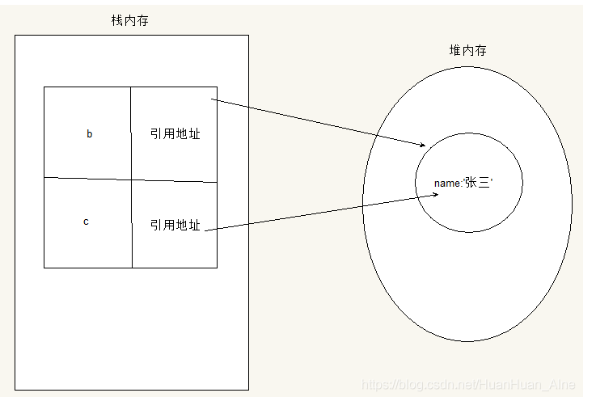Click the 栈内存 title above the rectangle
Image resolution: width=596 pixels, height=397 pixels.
click(x=129, y=20)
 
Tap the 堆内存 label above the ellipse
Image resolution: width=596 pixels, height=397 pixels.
click(x=467, y=50)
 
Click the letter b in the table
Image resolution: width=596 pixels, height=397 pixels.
click(x=89, y=134)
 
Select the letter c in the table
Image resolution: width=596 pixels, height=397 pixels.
click(x=86, y=222)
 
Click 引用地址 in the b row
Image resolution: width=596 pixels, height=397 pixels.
click(x=175, y=134)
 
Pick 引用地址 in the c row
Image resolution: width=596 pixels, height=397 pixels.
click(x=175, y=226)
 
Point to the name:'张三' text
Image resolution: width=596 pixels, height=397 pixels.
click(x=463, y=183)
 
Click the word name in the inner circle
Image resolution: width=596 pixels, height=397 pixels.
click(x=446, y=184)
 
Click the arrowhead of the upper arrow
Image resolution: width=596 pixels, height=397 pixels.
click(x=422, y=145)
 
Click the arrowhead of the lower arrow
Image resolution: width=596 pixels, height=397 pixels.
click(x=437, y=194)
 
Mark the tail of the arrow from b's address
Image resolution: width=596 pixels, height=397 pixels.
click(x=212, y=100)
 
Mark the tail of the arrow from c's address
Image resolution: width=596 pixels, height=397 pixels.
click(x=207, y=231)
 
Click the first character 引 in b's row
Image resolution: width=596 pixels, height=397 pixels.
click(x=156, y=134)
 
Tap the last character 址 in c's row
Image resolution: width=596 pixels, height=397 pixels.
click(x=194, y=226)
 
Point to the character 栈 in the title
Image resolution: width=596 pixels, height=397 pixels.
click(x=116, y=20)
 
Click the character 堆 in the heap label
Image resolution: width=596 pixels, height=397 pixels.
click(x=454, y=50)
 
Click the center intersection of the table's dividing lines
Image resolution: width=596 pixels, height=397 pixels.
click(x=131, y=179)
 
